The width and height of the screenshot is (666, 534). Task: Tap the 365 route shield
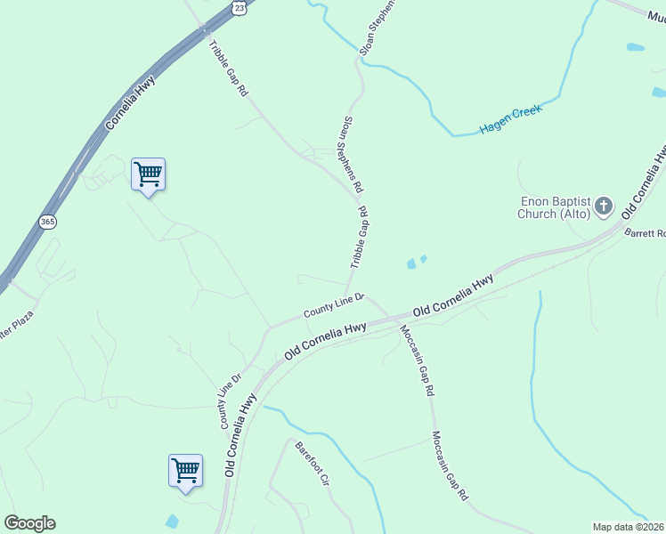(47, 220)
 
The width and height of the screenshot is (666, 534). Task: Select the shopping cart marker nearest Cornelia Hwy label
(148, 174)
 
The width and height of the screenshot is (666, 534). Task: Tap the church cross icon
(604, 207)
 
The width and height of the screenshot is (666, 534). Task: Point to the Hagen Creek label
(510, 120)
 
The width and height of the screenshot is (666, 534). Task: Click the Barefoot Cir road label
(313, 462)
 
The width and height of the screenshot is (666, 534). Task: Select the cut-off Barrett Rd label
(646, 233)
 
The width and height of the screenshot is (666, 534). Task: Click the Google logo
(29, 523)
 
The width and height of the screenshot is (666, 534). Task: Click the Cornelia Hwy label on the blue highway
(131, 103)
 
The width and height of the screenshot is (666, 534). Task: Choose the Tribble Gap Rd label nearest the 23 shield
(227, 67)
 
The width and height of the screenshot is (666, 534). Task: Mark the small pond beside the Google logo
(172, 522)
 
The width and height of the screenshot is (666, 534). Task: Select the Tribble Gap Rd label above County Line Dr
(359, 239)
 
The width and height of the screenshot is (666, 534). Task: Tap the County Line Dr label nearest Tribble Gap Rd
(334, 305)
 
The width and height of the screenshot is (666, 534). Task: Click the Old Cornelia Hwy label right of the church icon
(644, 182)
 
